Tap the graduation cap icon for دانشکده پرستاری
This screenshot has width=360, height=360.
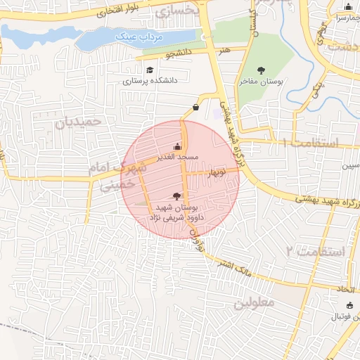[x=149, y=70]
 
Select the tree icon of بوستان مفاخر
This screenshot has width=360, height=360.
[x=262, y=70]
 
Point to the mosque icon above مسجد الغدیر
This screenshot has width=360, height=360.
[x=176, y=147]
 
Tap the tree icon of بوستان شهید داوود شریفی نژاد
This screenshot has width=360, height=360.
[x=176, y=196]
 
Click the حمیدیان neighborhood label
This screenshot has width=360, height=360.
[x=79, y=122]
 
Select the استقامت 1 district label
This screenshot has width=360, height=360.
[x=310, y=143]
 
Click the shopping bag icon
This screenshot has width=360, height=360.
[x=195, y=107]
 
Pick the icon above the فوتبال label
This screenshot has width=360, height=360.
[x=350, y=305]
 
